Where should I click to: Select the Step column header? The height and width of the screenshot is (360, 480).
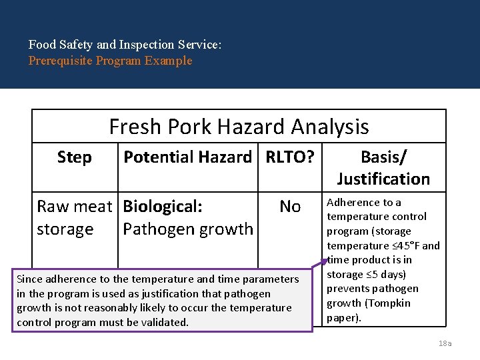75,157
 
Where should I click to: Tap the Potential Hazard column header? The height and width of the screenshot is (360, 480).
187,157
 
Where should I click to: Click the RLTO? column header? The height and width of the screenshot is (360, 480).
290,157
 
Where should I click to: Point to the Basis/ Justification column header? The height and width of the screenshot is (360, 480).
383,168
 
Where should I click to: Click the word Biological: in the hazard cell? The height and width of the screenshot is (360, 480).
163,207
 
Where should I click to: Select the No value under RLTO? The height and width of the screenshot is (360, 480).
290,207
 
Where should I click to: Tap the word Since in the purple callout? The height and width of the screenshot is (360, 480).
29,279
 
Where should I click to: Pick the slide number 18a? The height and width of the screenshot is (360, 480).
445,343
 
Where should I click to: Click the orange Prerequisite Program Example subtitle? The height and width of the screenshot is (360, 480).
110,61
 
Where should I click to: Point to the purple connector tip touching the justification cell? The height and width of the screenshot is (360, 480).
325,253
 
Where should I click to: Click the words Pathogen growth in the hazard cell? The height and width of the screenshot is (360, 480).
187,229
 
